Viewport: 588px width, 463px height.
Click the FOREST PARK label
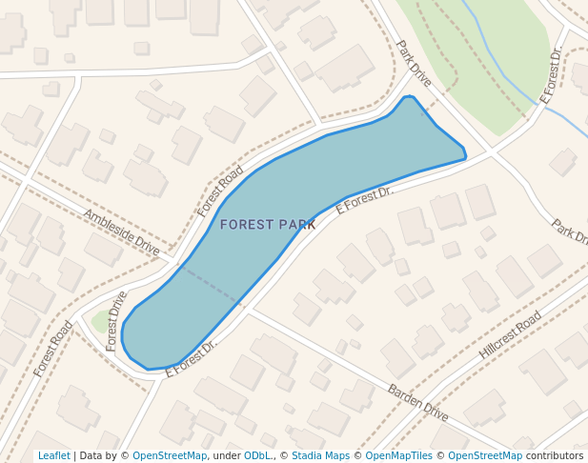click(x=267, y=225)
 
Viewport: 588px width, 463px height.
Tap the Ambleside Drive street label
click(x=121, y=231)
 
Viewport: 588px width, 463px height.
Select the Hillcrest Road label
click(x=510, y=334)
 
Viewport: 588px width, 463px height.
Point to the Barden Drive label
click(x=417, y=402)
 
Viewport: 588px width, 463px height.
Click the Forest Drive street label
click(x=117, y=321)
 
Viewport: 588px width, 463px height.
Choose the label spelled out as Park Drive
click(x=415, y=63)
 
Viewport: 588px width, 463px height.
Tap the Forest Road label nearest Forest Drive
click(x=53, y=348)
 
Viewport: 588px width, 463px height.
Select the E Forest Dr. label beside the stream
click(x=552, y=73)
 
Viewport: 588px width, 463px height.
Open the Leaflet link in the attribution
click(x=53, y=455)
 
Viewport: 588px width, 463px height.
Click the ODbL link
click(x=255, y=455)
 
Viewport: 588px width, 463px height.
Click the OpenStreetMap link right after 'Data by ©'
click(x=169, y=455)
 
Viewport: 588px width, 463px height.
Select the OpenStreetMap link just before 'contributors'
click(x=484, y=455)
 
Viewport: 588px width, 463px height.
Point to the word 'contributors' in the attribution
click(x=554, y=455)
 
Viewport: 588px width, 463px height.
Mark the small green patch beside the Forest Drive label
click(x=100, y=321)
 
